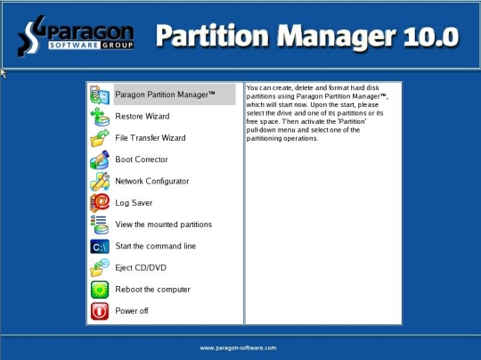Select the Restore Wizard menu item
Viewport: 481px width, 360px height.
click(x=143, y=117)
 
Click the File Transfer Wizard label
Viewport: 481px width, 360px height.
click(x=151, y=138)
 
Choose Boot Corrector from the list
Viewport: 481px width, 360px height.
click(x=142, y=160)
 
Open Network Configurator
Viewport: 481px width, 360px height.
click(x=151, y=181)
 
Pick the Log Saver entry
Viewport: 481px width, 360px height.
click(x=134, y=203)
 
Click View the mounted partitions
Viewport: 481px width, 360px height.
click(x=164, y=225)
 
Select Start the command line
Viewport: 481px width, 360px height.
click(x=156, y=246)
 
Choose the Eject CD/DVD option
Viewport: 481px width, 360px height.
click(x=141, y=267)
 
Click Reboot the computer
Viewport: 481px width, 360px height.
click(x=152, y=290)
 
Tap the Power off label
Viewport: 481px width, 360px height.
click(x=132, y=311)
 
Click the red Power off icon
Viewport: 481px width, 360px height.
click(x=100, y=311)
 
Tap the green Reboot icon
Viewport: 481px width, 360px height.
click(x=100, y=290)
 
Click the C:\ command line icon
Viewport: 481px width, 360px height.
click(x=100, y=247)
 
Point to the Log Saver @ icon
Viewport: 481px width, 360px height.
click(x=100, y=203)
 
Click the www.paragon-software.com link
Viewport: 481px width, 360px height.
click(x=238, y=348)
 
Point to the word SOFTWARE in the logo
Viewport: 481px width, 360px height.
click(x=74, y=45)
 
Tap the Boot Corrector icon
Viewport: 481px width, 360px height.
click(x=100, y=160)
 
